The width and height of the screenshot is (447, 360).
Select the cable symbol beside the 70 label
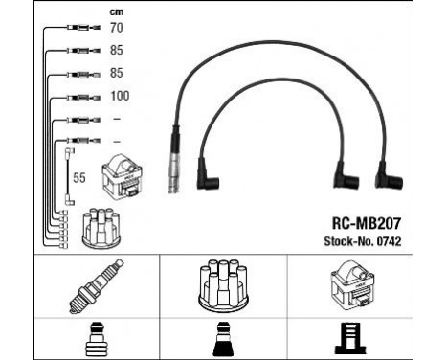point(75,31)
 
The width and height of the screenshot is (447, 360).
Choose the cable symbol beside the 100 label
point(75,97)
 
